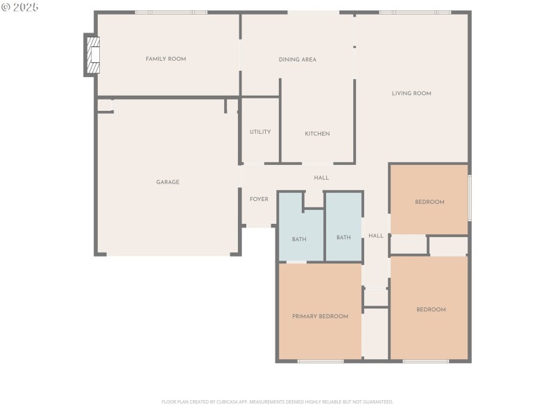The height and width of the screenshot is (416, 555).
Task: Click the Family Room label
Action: point(166,59)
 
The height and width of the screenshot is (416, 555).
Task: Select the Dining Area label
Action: point(297,60)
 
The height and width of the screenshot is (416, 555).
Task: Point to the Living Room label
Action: point(411,94)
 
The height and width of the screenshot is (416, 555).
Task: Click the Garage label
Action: point(167,182)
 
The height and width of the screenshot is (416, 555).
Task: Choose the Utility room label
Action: point(260,132)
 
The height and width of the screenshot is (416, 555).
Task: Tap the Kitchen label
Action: point(317,134)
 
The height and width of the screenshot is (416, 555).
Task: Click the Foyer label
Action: point(259,200)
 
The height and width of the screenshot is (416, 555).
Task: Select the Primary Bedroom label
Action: point(320,316)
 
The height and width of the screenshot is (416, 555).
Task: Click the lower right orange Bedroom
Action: point(430,309)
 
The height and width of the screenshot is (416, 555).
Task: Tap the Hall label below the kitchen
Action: point(321,178)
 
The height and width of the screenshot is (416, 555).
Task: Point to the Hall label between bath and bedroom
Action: point(376,236)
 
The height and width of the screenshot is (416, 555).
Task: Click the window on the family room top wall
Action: point(171,12)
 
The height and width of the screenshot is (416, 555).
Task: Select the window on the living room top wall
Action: point(414,12)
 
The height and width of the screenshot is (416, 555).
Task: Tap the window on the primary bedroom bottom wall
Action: point(321,361)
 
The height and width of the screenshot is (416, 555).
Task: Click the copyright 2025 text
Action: point(20,7)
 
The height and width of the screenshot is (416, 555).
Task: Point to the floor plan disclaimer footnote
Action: point(277,401)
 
